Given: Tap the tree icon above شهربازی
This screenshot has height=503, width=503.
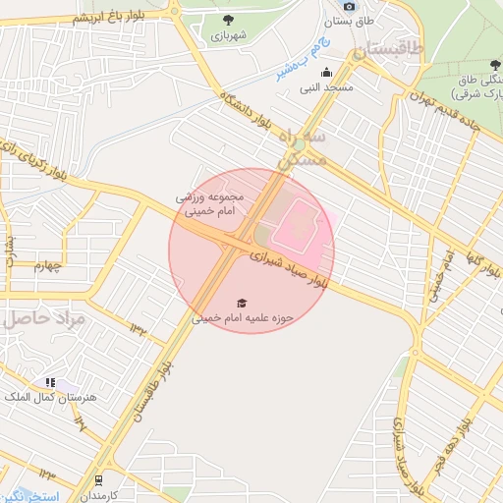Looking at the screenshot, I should (228, 20).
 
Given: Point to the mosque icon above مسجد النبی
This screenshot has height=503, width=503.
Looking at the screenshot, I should (326, 72).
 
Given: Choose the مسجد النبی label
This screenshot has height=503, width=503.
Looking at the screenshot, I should (326, 87).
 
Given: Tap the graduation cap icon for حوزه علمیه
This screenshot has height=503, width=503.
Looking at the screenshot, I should (243, 303).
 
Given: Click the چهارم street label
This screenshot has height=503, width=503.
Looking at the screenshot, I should (47, 264).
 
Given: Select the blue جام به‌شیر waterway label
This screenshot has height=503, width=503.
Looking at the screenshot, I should (298, 57).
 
